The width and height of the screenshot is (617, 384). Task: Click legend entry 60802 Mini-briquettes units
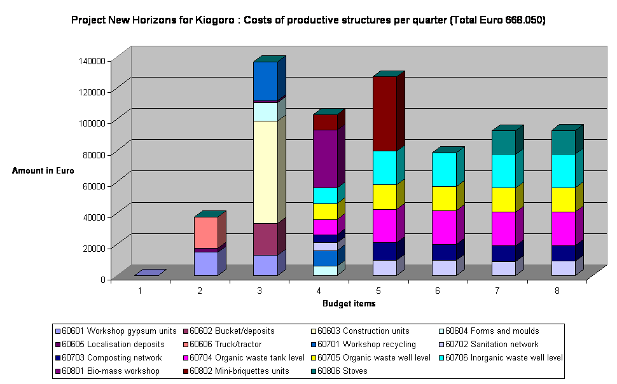point(239,371)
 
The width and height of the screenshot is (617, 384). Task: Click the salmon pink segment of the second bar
point(205,232)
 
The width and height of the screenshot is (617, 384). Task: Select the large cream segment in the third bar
point(265,172)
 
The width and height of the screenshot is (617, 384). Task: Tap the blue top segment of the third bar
point(265,80)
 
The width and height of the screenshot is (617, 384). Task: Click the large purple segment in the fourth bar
point(324,158)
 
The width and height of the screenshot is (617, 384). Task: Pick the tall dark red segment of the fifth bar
point(384,113)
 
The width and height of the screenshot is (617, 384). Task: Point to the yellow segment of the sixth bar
point(443,198)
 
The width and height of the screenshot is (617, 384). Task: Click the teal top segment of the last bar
point(563,142)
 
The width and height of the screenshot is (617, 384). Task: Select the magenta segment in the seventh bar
point(503,228)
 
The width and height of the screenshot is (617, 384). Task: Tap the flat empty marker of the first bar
point(150,273)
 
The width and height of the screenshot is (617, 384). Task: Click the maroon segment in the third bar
point(265,238)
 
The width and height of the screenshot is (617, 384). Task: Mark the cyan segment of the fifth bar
point(384,167)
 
